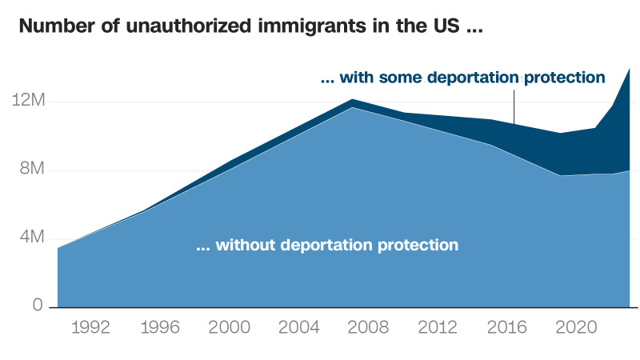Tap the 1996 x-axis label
click(x=158, y=327)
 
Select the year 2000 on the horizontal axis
click(x=228, y=327)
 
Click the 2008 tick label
click(x=368, y=327)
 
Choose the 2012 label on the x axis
click(x=438, y=327)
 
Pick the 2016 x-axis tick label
click(x=507, y=327)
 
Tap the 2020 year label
click(x=577, y=327)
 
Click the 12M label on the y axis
click(x=30, y=102)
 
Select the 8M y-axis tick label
click(x=33, y=170)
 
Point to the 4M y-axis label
click(x=33, y=238)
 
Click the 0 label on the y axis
click(x=38, y=306)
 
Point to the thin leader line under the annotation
click(x=514, y=106)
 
